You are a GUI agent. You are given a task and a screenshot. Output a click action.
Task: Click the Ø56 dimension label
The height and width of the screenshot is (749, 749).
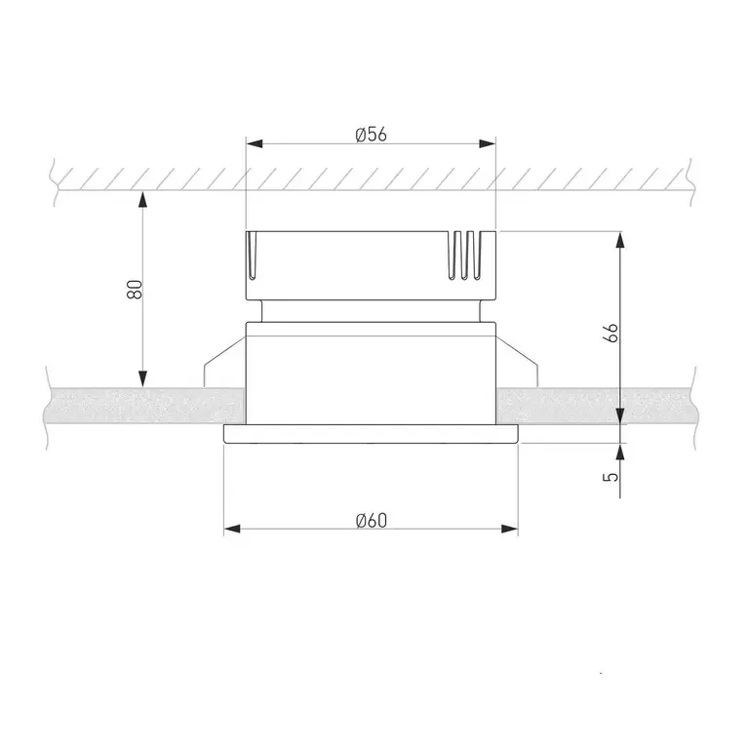point(372,135)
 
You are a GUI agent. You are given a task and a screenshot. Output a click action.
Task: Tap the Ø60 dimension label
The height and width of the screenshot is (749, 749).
point(372,520)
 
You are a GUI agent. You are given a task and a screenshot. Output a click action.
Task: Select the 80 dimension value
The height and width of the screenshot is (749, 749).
point(135,290)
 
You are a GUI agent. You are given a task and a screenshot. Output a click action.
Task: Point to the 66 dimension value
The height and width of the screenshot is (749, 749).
point(611,333)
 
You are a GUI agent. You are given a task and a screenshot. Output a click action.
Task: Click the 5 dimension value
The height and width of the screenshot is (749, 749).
point(611,477)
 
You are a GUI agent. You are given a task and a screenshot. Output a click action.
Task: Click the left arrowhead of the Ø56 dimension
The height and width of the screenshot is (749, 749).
point(255,143)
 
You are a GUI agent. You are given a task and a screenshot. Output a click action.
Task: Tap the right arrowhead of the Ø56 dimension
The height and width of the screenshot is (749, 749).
point(488,143)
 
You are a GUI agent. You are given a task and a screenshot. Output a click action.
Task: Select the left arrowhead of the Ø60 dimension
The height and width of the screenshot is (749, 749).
point(232,529)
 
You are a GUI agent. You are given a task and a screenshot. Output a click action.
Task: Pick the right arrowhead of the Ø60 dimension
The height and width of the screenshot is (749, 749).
point(510,529)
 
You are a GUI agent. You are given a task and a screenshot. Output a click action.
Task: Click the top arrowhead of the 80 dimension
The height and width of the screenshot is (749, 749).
point(142,200)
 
